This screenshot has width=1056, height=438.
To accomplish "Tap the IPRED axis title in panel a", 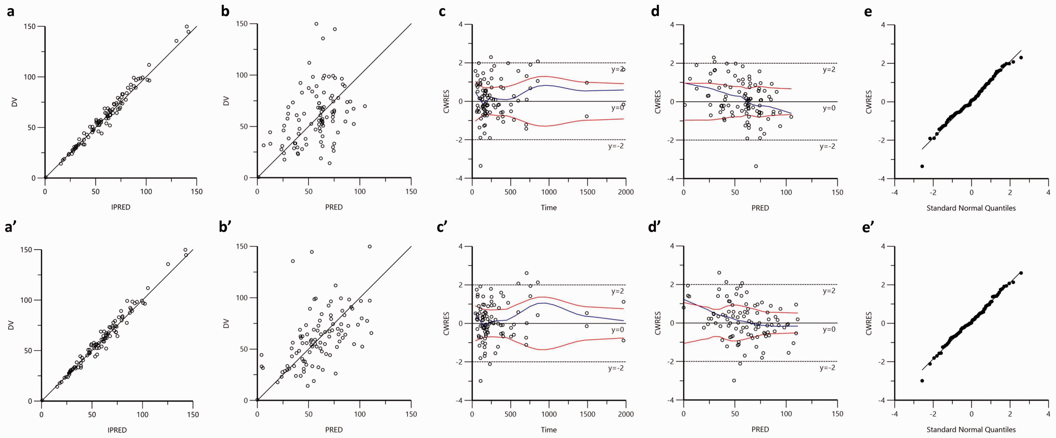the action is click(121, 207).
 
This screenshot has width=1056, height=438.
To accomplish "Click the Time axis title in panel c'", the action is click(548, 430).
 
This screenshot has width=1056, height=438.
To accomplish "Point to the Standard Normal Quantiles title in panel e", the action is click(971, 208).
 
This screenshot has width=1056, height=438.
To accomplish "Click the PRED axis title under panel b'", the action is click(334, 430).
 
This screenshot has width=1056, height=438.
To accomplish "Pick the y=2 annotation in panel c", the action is click(617, 69).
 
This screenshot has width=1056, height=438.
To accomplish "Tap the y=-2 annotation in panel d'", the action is click(827, 368).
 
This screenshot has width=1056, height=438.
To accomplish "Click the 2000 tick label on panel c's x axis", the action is click(626, 192).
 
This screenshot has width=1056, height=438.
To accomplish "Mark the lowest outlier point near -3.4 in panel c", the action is click(480, 166).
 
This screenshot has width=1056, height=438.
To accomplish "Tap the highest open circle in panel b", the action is click(316, 24).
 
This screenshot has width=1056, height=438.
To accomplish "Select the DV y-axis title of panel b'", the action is click(226, 323).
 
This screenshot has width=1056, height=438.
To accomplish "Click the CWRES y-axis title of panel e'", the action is click(869, 323).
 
